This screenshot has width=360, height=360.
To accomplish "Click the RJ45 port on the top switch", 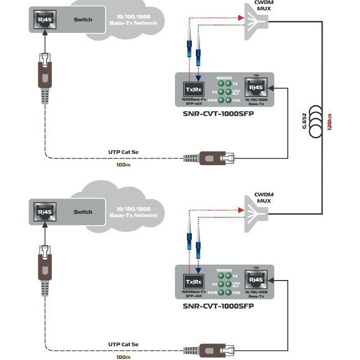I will (x=43, y=21).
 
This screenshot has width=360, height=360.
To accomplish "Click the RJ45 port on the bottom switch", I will (x=43, y=212).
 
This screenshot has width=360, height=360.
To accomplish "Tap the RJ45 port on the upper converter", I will (x=255, y=86).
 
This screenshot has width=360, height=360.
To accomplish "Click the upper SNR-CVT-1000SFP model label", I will (x=218, y=113).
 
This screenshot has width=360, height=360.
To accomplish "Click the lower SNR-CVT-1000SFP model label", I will (x=218, y=306).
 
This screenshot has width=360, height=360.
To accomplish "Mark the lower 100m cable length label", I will (x=123, y=356).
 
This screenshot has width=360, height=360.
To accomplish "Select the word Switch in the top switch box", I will (x=83, y=20).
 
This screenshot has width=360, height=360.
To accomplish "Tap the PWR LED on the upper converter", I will (x=222, y=100).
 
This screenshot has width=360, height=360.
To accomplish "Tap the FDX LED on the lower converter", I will (x=229, y=293).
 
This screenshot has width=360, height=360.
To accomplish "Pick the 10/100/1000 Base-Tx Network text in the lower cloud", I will (x=134, y=212).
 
